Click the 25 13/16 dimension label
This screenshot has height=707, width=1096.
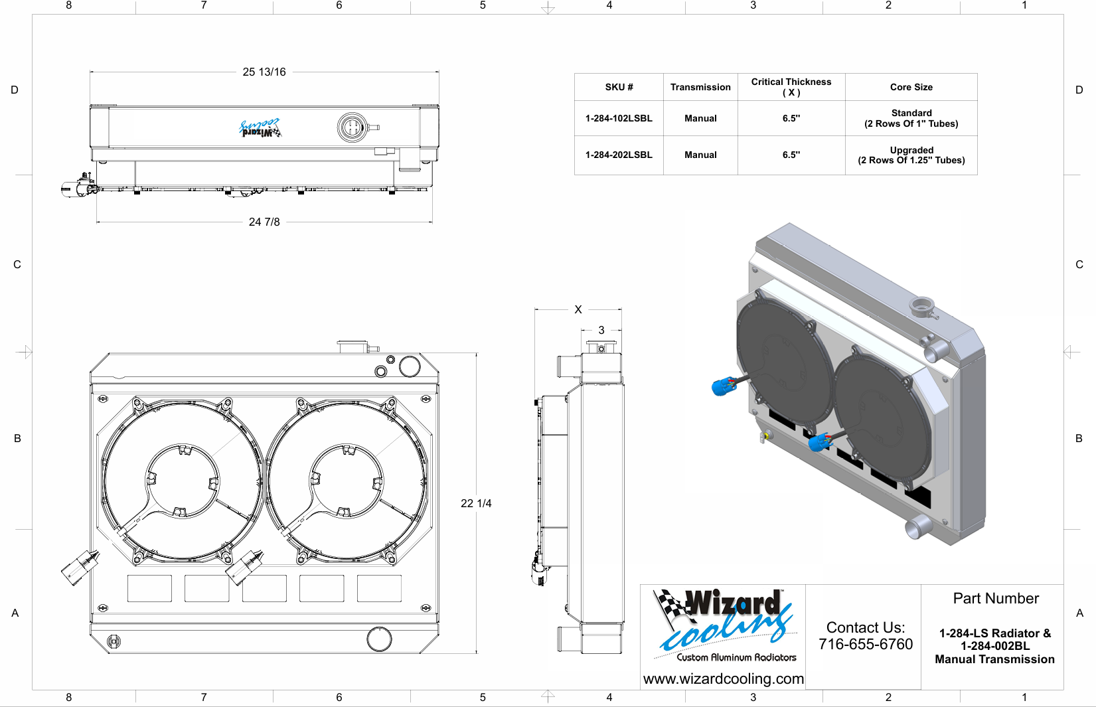tap(264, 72)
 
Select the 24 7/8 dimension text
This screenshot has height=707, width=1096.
tap(264, 222)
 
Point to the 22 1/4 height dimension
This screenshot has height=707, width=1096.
tap(476, 503)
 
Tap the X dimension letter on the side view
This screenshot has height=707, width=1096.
tap(578, 309)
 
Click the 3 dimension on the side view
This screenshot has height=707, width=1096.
tap(601, 330)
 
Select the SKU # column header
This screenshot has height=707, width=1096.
tap(619, 87)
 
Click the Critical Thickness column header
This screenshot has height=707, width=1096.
tap(791, 87)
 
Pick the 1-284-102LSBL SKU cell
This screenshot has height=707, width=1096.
tap(619, 118)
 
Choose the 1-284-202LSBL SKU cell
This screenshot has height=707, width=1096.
tap(619, 155)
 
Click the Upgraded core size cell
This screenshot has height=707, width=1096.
tap(911, 155)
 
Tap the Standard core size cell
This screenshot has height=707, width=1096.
tap(911, 118)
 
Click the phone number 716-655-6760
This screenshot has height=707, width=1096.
tap(866, 644)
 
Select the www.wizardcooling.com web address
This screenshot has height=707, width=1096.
tap(724, 678)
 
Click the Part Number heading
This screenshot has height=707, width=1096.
tap(996, 598)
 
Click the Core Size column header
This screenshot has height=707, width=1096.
tap(911, 87)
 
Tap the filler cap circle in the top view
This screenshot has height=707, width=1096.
tap(352, 127)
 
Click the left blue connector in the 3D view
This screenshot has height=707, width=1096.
tap(723, 386)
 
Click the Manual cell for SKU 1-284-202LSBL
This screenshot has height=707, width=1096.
tap(700, 155)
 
